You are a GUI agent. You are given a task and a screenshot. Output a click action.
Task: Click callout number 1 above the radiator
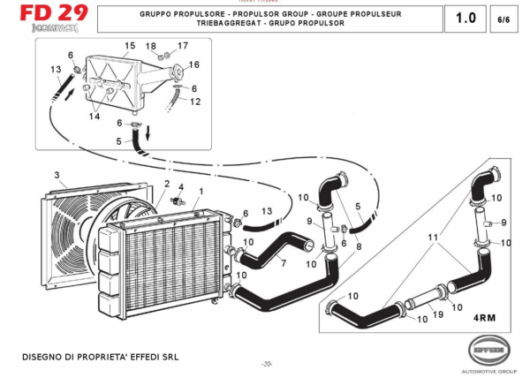[201, 191]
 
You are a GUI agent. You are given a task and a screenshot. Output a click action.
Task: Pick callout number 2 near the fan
[164, 184]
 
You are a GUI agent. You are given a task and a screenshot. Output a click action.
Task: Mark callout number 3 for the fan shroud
[57, 176]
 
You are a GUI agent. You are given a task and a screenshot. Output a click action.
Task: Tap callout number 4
[181, 187]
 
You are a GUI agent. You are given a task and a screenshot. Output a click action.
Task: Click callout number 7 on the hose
[283, 263]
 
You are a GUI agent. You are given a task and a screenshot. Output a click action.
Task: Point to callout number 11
[433, 238]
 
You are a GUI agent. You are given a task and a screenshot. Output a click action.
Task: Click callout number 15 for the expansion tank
[130, 46]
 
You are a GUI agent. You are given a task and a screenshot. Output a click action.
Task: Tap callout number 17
[183, 45]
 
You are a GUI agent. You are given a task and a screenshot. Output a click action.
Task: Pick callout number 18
[151, 45]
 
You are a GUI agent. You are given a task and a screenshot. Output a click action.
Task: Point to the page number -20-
[267, 364]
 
